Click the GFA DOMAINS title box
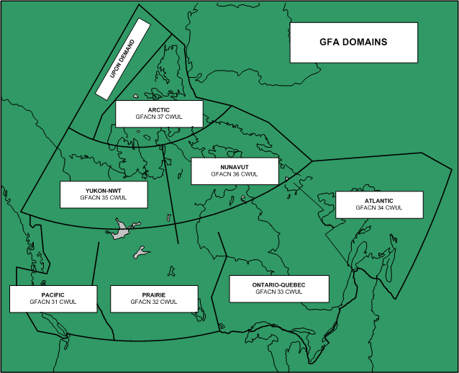tap(353, 42)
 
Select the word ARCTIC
tap(158, 109)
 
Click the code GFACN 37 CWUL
tap(158, 117)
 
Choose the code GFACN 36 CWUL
tap(234, 174)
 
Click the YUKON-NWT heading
tap(103, 190)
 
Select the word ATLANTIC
tap(379, 200)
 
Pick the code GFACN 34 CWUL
tap(379, 207)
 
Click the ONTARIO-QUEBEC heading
tap(278, 285)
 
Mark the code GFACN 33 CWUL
tap(278, 292)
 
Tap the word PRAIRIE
tap(153, 295)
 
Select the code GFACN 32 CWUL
tap(153, 302)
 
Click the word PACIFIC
tap(53, 295)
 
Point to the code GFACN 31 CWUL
tap(53, 302)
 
